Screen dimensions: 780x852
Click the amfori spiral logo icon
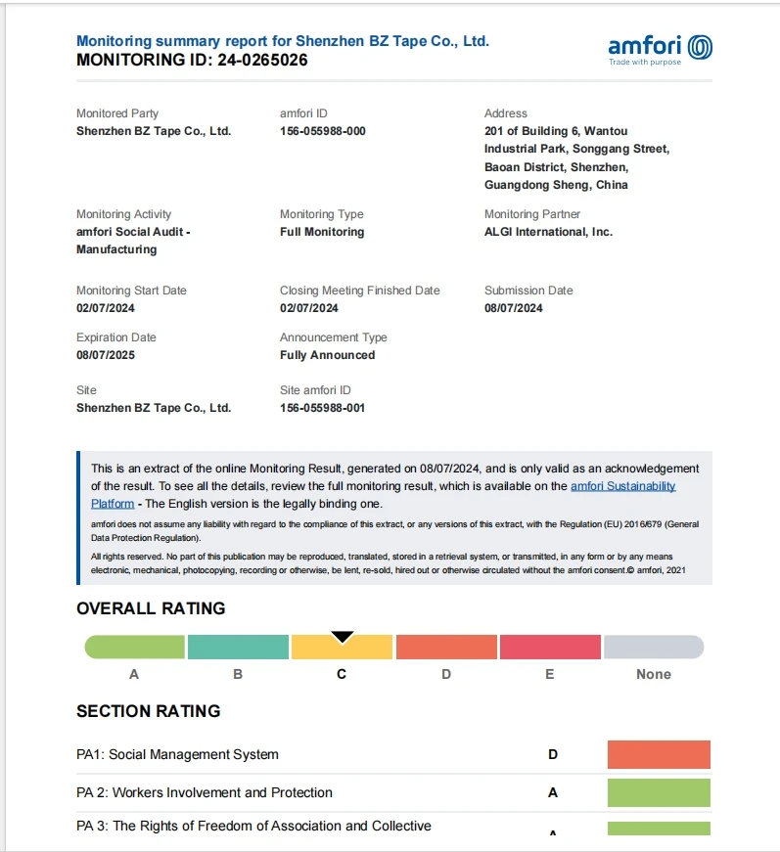(700, 47)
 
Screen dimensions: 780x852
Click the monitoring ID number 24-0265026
(262, 60)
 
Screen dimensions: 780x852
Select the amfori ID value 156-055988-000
(322, 131)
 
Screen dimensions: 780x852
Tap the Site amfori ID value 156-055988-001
(322, 408)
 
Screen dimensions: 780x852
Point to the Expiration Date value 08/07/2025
(106, 355)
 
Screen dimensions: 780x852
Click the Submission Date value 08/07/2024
(513, 308)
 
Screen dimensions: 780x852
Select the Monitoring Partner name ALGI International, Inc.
(548, 232)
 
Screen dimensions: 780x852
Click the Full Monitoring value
(322, 232)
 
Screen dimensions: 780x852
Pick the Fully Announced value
(327, 355)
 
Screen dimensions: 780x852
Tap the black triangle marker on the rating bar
(343, 636)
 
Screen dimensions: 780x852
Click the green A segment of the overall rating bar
(135, 648)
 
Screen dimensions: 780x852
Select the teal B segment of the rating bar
(238, 648)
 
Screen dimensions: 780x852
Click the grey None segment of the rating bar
(654, 648)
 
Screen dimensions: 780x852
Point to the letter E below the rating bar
(550, 674)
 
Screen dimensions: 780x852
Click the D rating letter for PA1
(553, 754)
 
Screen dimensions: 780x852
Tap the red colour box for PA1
(659, 754)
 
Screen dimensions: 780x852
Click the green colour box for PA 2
(659, 792)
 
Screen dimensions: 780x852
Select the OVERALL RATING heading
(151, 608)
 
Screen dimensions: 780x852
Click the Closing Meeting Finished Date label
(360, 291)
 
